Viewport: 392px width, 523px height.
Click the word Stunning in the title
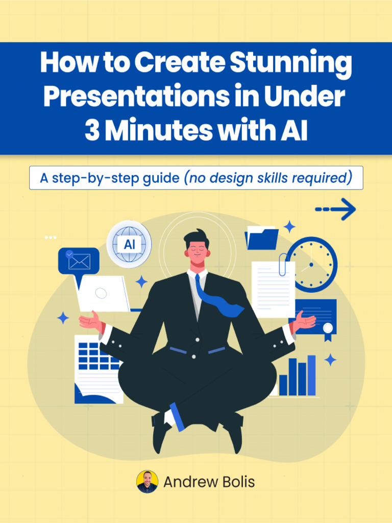291,63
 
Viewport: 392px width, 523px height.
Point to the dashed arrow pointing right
335,209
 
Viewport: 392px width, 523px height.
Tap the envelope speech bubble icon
79,261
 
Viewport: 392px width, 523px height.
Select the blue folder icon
261,238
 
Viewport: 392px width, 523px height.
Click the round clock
312,265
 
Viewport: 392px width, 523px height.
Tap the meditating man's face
198,251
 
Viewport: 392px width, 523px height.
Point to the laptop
104,294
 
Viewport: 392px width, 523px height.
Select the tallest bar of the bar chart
311,375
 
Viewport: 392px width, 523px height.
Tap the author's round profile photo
147,482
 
